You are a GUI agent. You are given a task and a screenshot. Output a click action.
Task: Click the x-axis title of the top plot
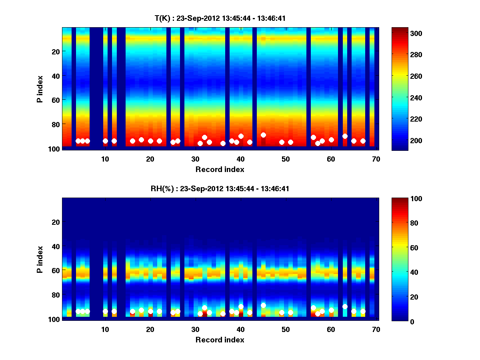(x=220, y=169)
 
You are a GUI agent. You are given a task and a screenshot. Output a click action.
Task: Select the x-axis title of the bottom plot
(x=220, y=340)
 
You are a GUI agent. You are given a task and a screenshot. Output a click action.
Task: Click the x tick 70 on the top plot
(x=376, y=159)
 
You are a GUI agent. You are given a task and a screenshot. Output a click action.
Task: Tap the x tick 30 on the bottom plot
(x=195, y=329)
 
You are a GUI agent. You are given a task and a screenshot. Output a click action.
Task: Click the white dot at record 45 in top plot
(x=263, y=135)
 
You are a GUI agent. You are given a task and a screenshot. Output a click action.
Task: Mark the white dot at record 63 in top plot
(x=345, y=136)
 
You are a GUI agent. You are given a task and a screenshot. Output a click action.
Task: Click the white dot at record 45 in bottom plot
(x=263, y=305)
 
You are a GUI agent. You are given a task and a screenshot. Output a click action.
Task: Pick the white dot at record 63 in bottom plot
(x=345, y=306)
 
